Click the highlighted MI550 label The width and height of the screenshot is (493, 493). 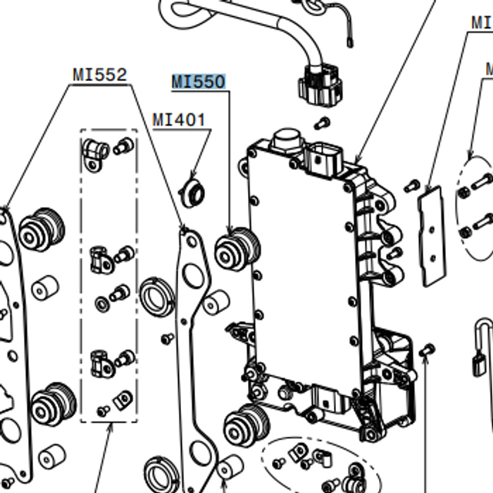pos(198,82)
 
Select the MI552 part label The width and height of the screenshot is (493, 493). pos(99,75)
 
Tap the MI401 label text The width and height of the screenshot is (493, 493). pos(179,120)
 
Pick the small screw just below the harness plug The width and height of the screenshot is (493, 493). pos(323,122)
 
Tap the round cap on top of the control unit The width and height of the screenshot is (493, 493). pos(285,143)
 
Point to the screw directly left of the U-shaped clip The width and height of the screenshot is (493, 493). pos(429,350)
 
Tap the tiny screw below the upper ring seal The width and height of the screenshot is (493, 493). pos(166,337)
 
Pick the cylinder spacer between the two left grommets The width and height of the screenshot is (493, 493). pos(45,287)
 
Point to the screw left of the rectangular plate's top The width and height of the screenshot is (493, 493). pos(411,186)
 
